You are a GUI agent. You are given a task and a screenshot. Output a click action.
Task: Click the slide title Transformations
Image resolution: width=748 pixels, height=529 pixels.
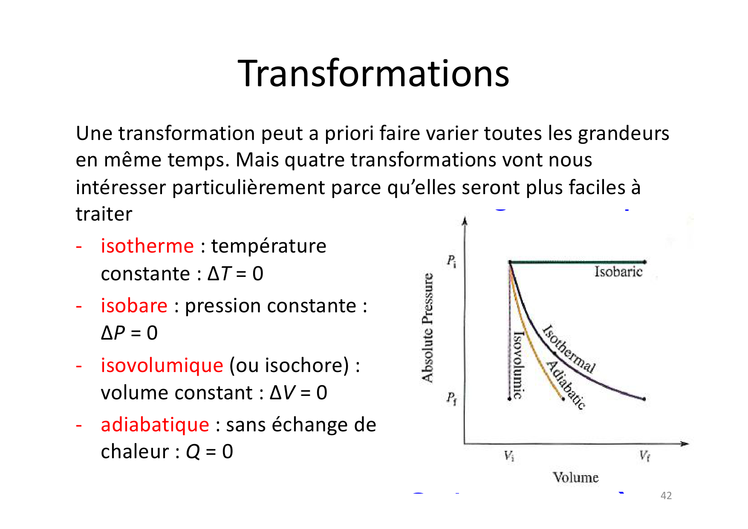(x=373, y=73)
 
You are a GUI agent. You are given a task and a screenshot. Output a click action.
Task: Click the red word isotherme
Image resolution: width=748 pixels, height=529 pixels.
(x=147, y=246)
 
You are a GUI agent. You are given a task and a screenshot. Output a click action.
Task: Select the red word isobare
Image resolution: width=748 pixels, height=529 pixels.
(x=134, y=306)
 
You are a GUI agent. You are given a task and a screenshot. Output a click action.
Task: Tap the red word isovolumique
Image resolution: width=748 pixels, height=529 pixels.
(x=162, y=366)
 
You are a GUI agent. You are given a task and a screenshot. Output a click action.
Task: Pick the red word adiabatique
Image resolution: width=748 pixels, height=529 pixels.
(x=155, y=425)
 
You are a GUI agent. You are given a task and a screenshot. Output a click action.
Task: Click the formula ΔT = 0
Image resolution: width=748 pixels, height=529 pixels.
(x=235, y=274)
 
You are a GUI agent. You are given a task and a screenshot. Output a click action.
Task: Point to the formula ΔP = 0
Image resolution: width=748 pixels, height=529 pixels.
(x=129, y=333)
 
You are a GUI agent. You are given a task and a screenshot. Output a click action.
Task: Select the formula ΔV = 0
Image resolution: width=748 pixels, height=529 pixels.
(x=298, y=393)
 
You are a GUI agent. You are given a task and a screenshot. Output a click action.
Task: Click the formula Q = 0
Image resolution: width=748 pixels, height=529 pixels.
(x=209, y=452)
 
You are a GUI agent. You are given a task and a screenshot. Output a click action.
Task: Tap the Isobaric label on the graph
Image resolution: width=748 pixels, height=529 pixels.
(x=618, y=272)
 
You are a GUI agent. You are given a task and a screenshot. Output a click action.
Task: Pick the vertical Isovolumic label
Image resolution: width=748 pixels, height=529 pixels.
(x=518, y=365)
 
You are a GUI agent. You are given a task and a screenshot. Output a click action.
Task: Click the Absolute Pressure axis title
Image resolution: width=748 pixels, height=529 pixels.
(x=427, y=328)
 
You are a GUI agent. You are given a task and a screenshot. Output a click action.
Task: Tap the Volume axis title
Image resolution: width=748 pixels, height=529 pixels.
(x=575, y=477)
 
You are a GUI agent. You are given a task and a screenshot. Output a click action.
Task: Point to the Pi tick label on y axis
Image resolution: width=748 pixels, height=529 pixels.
(x=451, y=261)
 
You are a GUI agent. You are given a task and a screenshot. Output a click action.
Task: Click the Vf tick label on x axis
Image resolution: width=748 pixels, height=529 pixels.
(x=644, y=456)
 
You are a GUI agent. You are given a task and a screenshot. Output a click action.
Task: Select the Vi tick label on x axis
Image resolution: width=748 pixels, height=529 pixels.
(x=509, y=456)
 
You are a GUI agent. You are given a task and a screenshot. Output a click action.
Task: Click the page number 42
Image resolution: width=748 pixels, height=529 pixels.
(x=666, y=496)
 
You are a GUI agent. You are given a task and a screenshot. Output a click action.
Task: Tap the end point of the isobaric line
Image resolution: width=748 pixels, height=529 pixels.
(x=645, y=262)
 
